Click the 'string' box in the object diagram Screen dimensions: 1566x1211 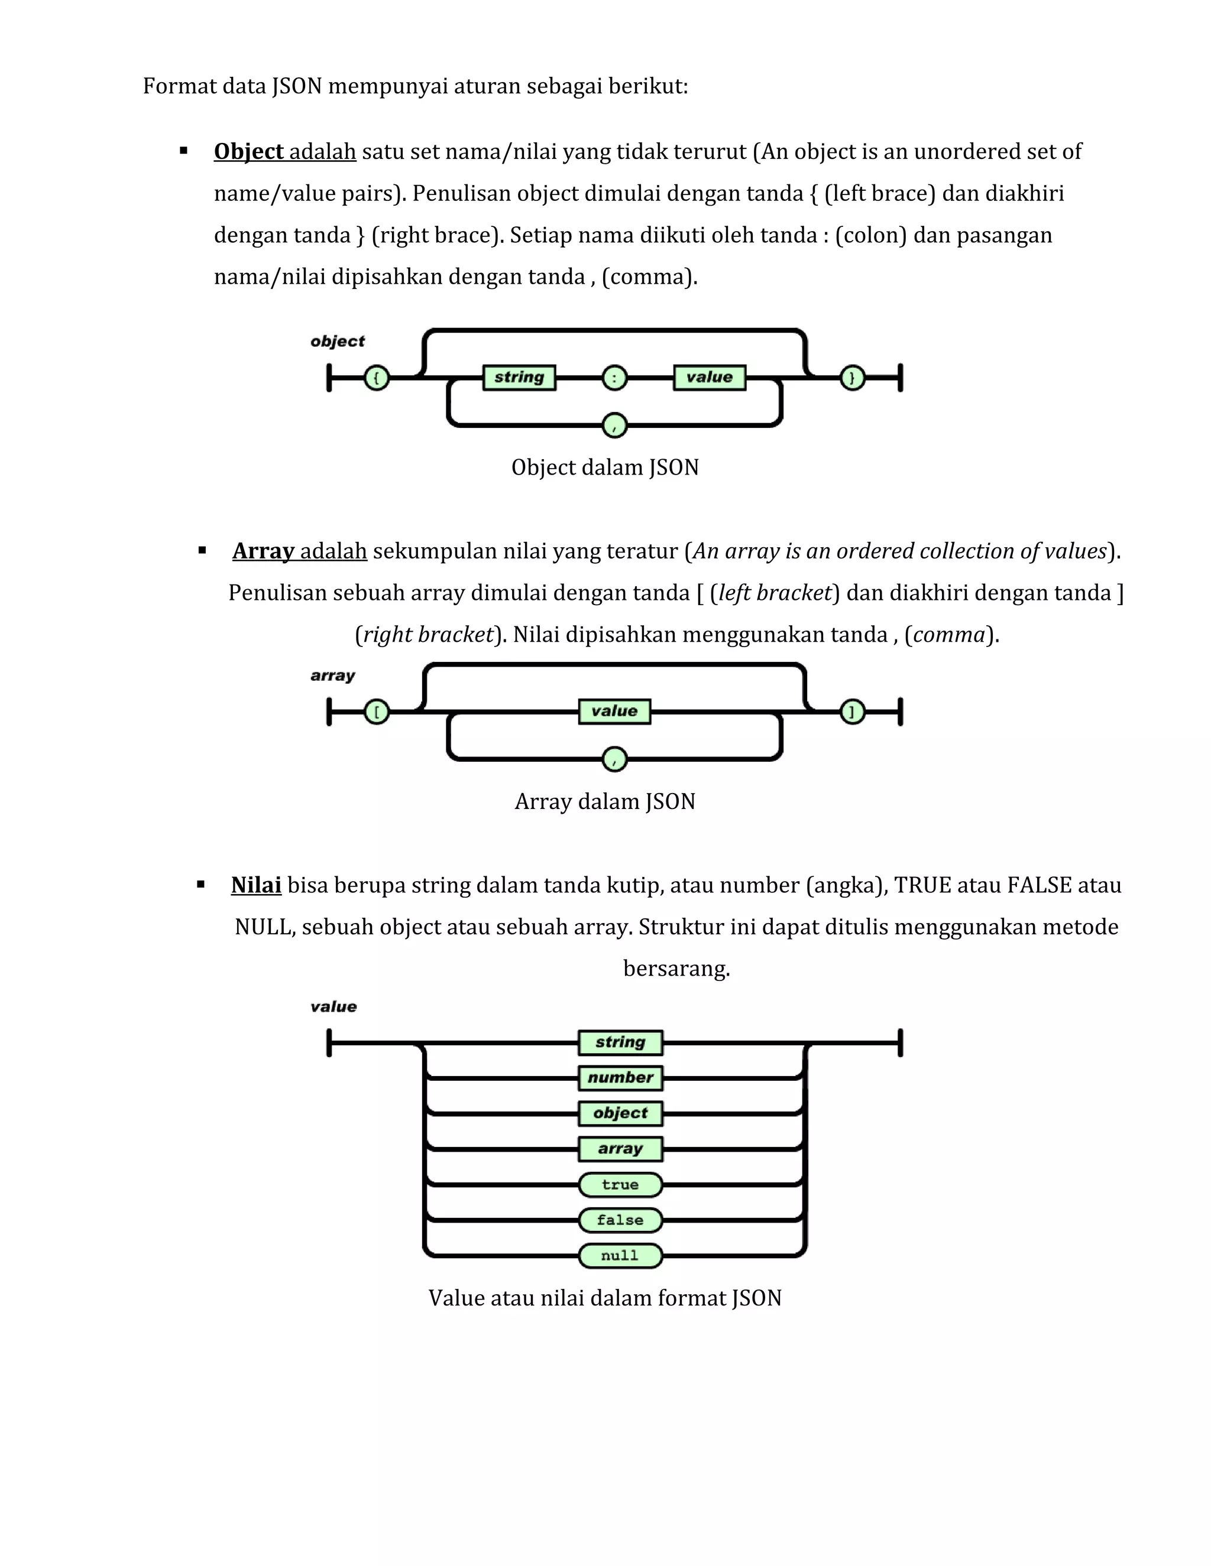(519, 377)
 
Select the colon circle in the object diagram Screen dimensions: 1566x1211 (614, 377)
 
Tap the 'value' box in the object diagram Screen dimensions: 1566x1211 (709, 377)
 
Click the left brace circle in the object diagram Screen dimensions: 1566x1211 (377, 377)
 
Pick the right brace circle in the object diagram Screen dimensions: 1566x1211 (852, 377)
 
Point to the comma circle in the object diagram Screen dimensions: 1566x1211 (614, 426)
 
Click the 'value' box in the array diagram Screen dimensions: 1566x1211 (614, 711)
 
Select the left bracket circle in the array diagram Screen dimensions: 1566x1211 (377, 712)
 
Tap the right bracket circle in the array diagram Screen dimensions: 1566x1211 (852, 712)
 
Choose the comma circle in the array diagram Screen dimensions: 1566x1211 (614, 759)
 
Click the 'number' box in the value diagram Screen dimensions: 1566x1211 (620, 1078)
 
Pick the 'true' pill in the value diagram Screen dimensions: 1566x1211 (620, 1184)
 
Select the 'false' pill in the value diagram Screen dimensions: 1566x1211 (620, 1220)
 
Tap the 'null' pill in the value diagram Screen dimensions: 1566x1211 (620, 1256)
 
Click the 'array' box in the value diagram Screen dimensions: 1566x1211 (620, 1149)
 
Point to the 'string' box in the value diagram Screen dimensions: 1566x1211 (620, 1042)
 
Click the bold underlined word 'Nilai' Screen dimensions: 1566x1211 (256, 886)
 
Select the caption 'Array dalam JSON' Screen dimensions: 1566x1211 (605, 802)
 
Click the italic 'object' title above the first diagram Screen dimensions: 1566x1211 (337, 342)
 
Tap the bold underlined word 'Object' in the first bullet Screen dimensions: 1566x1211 (248, 152)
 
